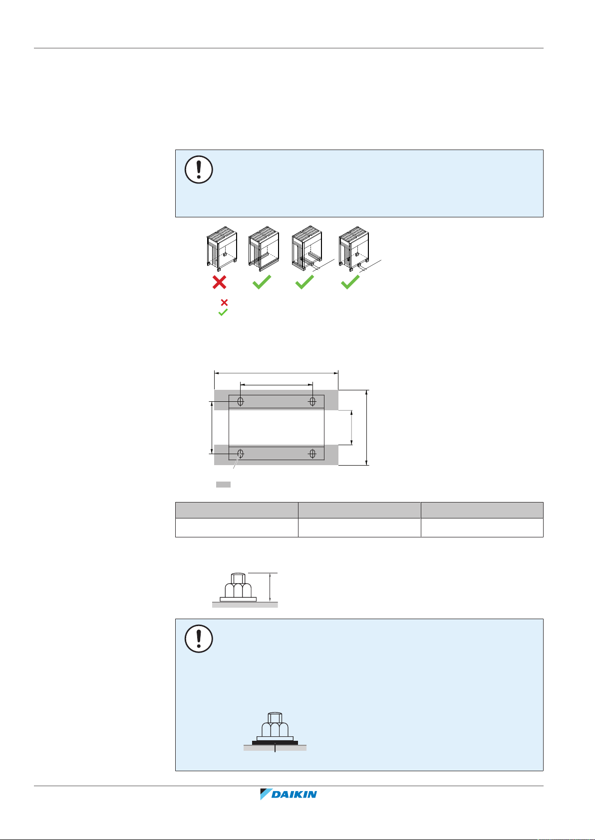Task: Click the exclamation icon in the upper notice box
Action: (x=199, y=170)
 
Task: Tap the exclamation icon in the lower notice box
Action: (x=199, y=639)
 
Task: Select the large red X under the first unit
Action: (x=219, y=282)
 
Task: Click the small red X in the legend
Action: (x=224, y=303)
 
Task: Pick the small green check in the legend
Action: (x=223, y=313)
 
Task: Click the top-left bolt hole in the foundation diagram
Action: (x=241, y=401)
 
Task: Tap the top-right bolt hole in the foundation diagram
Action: (x=312, y=401)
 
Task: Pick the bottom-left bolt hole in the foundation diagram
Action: (x=241, y=453)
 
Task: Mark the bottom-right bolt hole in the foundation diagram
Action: (x=312, y=453)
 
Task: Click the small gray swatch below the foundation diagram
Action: (x=223, y=484)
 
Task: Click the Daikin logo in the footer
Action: (x=289, y=794)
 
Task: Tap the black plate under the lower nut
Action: (x=275, y=742)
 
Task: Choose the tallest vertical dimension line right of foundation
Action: (x=367, y=428)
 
